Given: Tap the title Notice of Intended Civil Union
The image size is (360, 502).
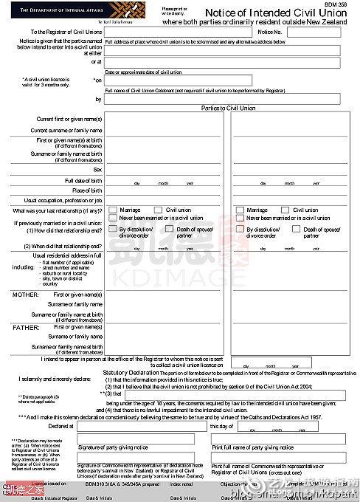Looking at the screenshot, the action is pos(276,13).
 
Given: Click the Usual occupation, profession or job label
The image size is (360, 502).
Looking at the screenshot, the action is pos(63,200).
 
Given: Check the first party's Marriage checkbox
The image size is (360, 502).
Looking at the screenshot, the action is pos(112,210).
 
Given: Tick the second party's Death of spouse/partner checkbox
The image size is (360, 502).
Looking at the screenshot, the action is pos(298,230).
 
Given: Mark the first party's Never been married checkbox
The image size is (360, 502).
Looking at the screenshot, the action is pos(112,219).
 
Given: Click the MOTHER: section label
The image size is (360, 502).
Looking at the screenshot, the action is pos(25,295).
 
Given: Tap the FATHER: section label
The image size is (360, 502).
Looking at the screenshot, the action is pos(25,326).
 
